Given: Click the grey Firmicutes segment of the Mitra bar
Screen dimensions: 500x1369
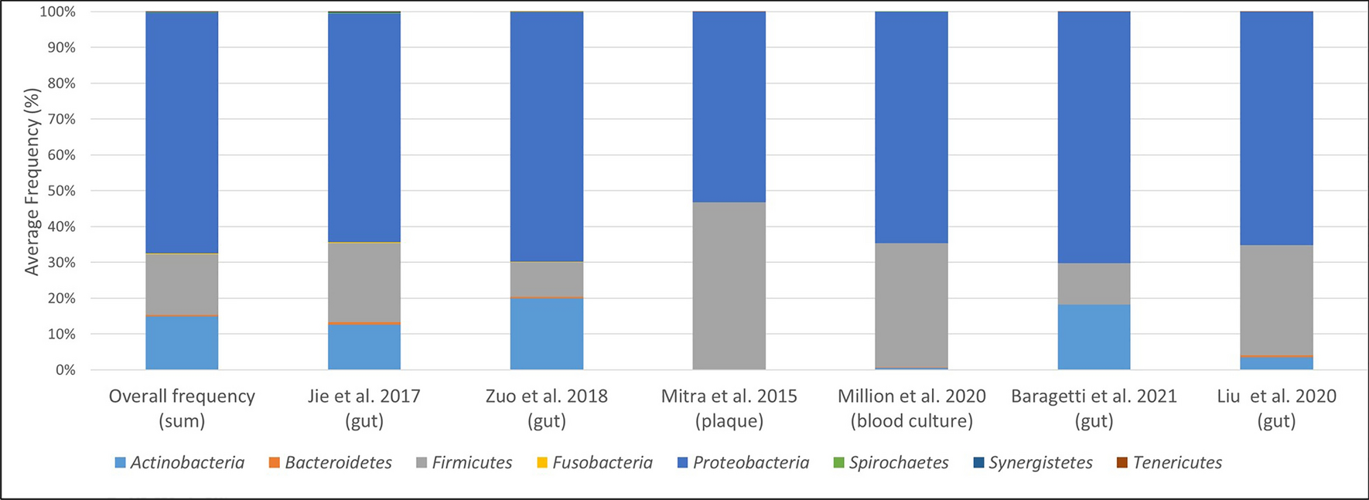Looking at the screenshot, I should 729,286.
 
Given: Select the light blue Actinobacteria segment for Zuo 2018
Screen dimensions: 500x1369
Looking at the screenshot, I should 546,334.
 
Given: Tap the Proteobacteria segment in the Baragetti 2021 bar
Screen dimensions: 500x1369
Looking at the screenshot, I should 1094,138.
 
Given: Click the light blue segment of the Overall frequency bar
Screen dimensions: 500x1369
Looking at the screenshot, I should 182,343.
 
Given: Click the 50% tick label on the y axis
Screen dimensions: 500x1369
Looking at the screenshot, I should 59,191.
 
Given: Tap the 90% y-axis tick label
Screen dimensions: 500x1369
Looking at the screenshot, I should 59,48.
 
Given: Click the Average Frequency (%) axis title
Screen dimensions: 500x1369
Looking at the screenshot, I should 31,182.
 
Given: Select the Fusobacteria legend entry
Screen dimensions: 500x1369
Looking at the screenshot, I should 594,463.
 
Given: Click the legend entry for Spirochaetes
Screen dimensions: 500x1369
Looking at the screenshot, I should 889,463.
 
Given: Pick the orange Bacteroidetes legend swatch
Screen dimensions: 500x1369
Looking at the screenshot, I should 274,463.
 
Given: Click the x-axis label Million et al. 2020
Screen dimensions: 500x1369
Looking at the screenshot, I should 911,396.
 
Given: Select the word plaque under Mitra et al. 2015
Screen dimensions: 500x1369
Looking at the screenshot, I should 729,421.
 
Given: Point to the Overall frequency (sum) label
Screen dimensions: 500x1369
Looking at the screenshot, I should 182,408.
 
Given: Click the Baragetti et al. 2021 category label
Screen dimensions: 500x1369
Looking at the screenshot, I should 1094,396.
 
